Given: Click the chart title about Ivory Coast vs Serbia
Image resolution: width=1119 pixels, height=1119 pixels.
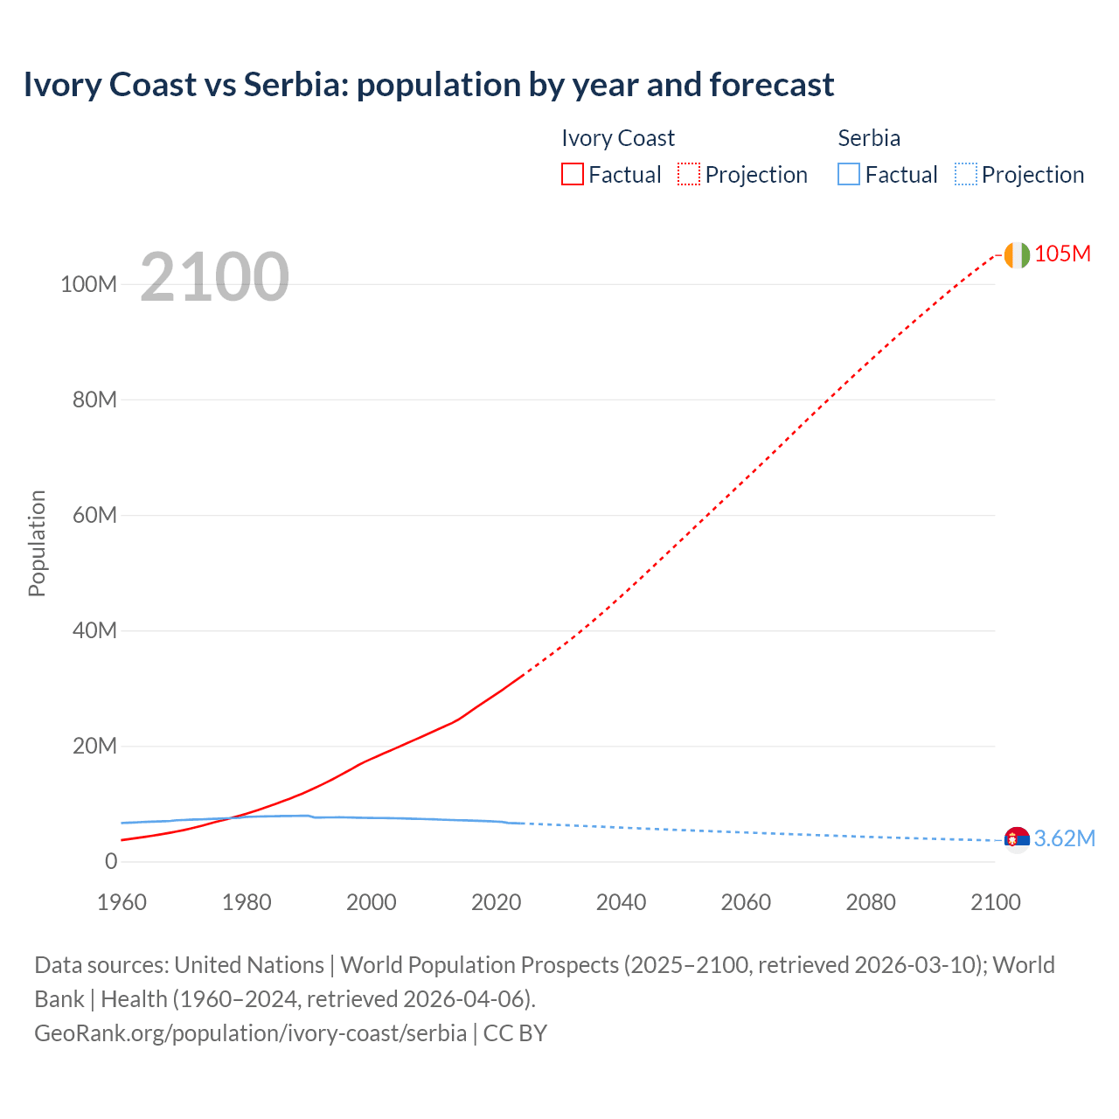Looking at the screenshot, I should [428, 85].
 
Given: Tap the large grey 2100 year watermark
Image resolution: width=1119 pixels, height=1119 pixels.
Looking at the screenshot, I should [214, 277].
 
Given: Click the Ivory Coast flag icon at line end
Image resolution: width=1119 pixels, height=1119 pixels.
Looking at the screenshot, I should [1017, 254].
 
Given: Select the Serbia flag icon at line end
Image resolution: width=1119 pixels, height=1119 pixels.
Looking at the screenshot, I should [1017, 839].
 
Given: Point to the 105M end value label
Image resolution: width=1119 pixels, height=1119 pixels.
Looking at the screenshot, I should [1062, 254].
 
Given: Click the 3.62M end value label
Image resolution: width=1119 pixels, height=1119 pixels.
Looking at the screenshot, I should [1064, 839].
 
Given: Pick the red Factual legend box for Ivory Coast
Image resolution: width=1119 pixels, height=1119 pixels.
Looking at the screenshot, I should [573, 175].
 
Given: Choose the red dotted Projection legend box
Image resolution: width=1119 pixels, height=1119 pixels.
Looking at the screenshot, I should [689, 175].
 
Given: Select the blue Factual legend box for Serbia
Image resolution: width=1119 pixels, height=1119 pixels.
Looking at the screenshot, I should [849, 175].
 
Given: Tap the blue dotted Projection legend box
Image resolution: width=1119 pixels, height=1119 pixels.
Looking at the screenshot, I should [966, 175].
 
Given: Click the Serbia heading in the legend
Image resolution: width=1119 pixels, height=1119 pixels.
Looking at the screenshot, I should [869, 138].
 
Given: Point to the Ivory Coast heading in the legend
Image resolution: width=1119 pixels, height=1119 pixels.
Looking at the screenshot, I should [618, 138].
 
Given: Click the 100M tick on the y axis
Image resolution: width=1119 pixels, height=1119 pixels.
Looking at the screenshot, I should [88, 285].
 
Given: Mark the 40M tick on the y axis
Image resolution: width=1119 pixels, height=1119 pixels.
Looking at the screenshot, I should [94, 631].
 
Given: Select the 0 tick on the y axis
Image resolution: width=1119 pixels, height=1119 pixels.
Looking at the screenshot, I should [111, 862].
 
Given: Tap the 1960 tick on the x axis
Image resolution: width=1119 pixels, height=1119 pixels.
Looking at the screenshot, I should [122, 902].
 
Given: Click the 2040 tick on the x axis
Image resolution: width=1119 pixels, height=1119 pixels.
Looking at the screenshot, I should [621, 902].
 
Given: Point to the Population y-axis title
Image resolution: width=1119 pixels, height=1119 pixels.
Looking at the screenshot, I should [37, 543].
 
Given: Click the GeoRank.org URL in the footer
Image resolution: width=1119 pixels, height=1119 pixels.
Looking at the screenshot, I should [250, 1033].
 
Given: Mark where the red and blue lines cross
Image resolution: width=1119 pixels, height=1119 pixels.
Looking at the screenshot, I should [231, 817].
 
